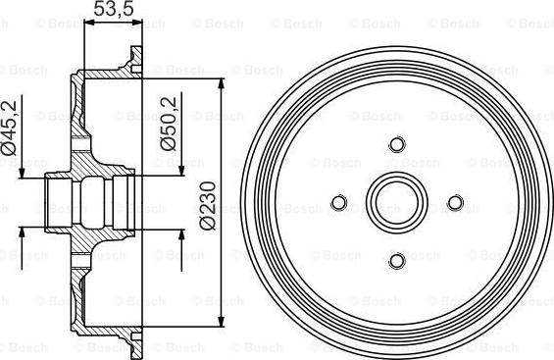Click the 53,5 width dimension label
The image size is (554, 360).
pyautogui.click(x=114, y=9)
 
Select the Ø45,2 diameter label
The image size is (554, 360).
pyautogui.click(x=9, y=128)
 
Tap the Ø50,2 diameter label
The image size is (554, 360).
pyautogui.click(x=169, y=124)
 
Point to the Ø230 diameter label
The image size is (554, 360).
pyautogui.click(x=209, y=206)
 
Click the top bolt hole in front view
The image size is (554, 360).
pyautogui.click(x=397, y=144)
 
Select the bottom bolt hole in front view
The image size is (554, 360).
pyautogui.click(x=397, y=261)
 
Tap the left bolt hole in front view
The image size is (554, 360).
pyautogui.click(x=339, y=203)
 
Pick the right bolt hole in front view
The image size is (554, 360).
pyautogui.click(x=455, y=203)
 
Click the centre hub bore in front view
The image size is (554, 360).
pyautogui.click(x=397, y=203)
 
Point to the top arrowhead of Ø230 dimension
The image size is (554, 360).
pyautogui.click(x=222, y=83)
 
